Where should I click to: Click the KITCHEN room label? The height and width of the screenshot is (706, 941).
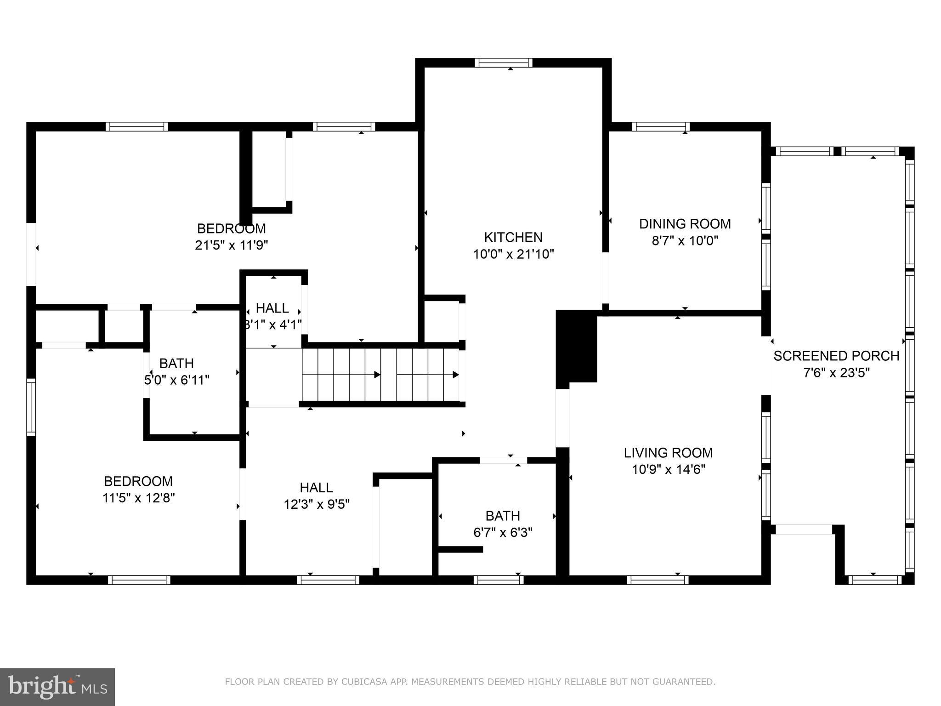(513, 237)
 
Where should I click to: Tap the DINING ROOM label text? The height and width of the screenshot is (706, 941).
(685, 224)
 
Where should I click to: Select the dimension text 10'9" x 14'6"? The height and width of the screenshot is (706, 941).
(668, 469)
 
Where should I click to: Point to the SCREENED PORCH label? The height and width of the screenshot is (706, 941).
(836, 356)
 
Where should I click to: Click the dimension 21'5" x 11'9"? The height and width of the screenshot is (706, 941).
(231, 245)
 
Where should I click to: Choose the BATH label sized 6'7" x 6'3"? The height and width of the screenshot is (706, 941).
(503, 516)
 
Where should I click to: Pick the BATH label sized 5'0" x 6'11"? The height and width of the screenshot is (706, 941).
(176, 364)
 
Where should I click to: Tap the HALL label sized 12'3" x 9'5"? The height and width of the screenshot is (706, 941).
(316, 487)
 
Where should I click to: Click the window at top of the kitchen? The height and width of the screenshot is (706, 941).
(504, 63)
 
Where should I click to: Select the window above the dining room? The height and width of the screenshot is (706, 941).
(661, 126)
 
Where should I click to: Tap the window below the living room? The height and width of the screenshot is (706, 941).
(658, 580)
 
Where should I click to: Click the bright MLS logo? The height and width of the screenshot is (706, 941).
(57, 687)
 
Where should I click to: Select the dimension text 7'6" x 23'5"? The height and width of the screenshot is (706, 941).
(836, 373)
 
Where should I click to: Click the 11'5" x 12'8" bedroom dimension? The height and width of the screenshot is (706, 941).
(138, 498)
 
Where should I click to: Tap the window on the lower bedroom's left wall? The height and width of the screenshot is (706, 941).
(31, 407)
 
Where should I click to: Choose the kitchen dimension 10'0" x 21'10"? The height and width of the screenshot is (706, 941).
(513, 254)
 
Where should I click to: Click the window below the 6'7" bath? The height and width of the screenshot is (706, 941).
(499, 580)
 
